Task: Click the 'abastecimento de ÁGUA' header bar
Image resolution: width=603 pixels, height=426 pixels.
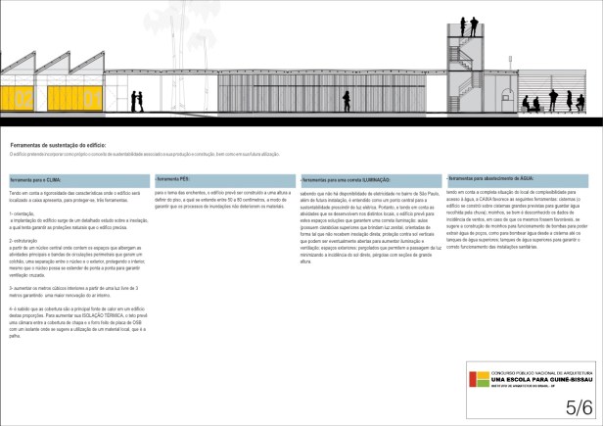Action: pos(516,180)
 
